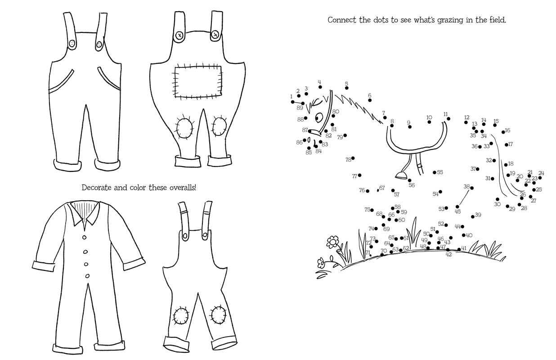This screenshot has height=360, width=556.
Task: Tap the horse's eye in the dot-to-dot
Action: (318, 117)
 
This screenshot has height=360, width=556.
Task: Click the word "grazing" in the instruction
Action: (450, 20)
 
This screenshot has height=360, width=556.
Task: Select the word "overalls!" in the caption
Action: (183, 188)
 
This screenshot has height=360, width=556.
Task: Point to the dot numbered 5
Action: (347, 88)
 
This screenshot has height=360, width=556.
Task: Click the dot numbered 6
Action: (370, 100)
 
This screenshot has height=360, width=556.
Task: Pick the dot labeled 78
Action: (353, 158)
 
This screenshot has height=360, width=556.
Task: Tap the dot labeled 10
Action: (429, 122)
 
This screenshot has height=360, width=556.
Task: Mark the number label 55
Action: (440, 172)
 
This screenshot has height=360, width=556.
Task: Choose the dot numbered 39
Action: (473, 217)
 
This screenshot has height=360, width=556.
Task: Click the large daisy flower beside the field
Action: (332, 242)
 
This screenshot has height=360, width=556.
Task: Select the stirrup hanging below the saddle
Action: (401, 175)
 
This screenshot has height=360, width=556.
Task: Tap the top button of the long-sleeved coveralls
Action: (85, 237)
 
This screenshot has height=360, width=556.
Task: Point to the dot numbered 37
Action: (478, 169)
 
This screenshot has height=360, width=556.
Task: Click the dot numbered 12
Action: (466, 122)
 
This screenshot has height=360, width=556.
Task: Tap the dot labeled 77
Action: (360, 175)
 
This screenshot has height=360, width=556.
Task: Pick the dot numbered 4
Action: (320, 87)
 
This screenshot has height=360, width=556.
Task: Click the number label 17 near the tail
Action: (510, 144)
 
